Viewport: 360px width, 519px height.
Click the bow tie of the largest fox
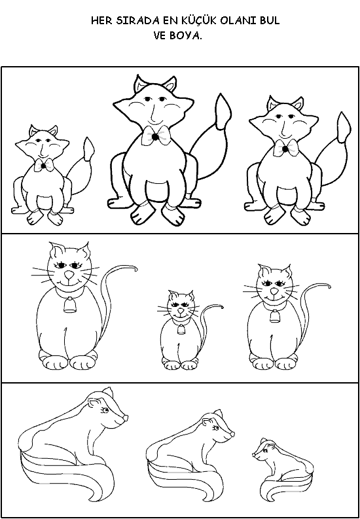tap(156, 135)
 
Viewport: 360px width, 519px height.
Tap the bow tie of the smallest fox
tap(44, 165)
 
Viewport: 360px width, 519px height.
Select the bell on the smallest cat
tap(181, 330)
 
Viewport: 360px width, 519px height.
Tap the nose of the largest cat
tap(69, 275)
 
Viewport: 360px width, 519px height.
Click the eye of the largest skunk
tap(105, 410)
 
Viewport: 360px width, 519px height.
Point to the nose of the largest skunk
tap(126, 418)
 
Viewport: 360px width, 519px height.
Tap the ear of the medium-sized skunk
tap(207, 421)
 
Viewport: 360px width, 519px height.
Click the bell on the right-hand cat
tap(274, 317)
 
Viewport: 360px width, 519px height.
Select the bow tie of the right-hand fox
tap(285, 149)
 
